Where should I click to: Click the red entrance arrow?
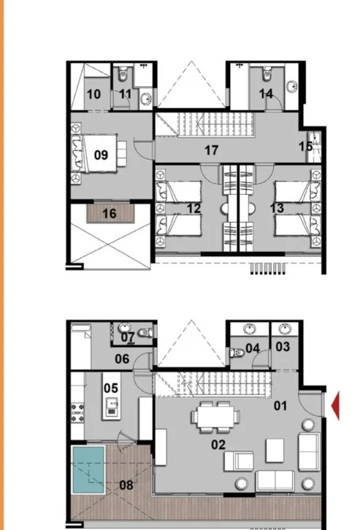click(335, 406)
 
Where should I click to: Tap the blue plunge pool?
click(88, 469)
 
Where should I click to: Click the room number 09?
click(101, 155)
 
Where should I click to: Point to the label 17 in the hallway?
click(212, 150)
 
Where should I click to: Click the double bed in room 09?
click(99, 153)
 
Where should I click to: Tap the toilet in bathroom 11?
click(123, 74)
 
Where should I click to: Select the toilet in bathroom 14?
click(267, 74)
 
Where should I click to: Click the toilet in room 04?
click(237, 353)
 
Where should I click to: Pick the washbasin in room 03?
click(286, 329)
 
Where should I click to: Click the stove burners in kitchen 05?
click(77, 413)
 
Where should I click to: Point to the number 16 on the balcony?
click(110, 214)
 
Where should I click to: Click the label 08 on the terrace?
click(126, 485)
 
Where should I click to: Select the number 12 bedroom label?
click(194, 209)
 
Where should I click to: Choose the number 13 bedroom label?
click(277, 208)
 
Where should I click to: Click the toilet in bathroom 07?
click(146, 332)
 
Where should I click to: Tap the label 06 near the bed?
click(122, 358)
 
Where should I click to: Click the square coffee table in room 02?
click(275, 450)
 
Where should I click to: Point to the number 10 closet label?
click(93, 94)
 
